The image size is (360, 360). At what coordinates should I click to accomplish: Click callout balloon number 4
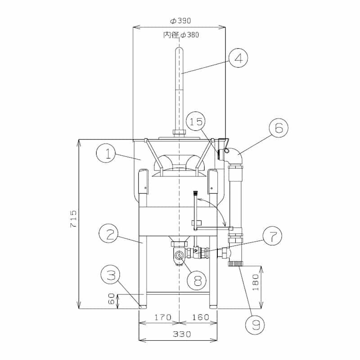click(x=238, y=58)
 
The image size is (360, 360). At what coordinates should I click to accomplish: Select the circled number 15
click(x=196, y=121)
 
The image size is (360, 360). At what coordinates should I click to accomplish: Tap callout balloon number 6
click(x=279, y=128)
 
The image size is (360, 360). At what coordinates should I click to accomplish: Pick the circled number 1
click(x=106, y=153)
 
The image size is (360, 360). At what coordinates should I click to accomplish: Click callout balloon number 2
click(x=108, y=234)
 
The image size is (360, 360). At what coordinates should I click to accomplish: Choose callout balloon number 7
click(x=273, y=236)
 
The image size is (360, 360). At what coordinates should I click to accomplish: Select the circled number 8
click(x=197, y=280)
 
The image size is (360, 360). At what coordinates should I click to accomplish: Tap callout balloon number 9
click(x=255, y=324)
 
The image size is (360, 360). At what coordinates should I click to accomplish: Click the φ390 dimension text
click(x=180, y=21)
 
